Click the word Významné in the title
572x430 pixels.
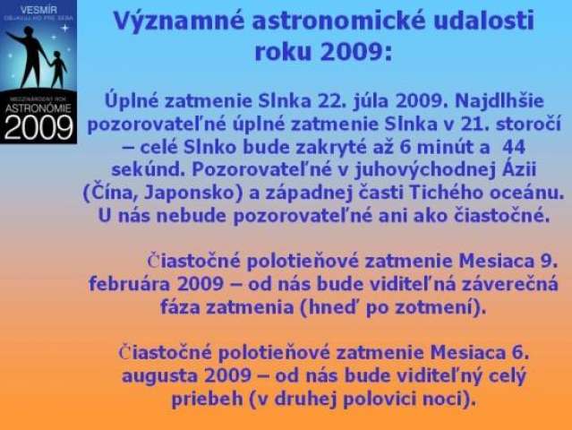point(178,21)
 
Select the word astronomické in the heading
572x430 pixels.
point(339,21)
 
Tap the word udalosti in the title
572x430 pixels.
point(484,21)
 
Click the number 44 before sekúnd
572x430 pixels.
point(514,148)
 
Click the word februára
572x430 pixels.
point(130,284)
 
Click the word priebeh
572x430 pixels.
point(207,399)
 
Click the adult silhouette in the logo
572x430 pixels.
point(30,56)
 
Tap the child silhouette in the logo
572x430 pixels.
point(57,69)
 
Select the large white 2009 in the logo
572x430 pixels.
point(38,127)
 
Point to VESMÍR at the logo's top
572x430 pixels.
point(38,10)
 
